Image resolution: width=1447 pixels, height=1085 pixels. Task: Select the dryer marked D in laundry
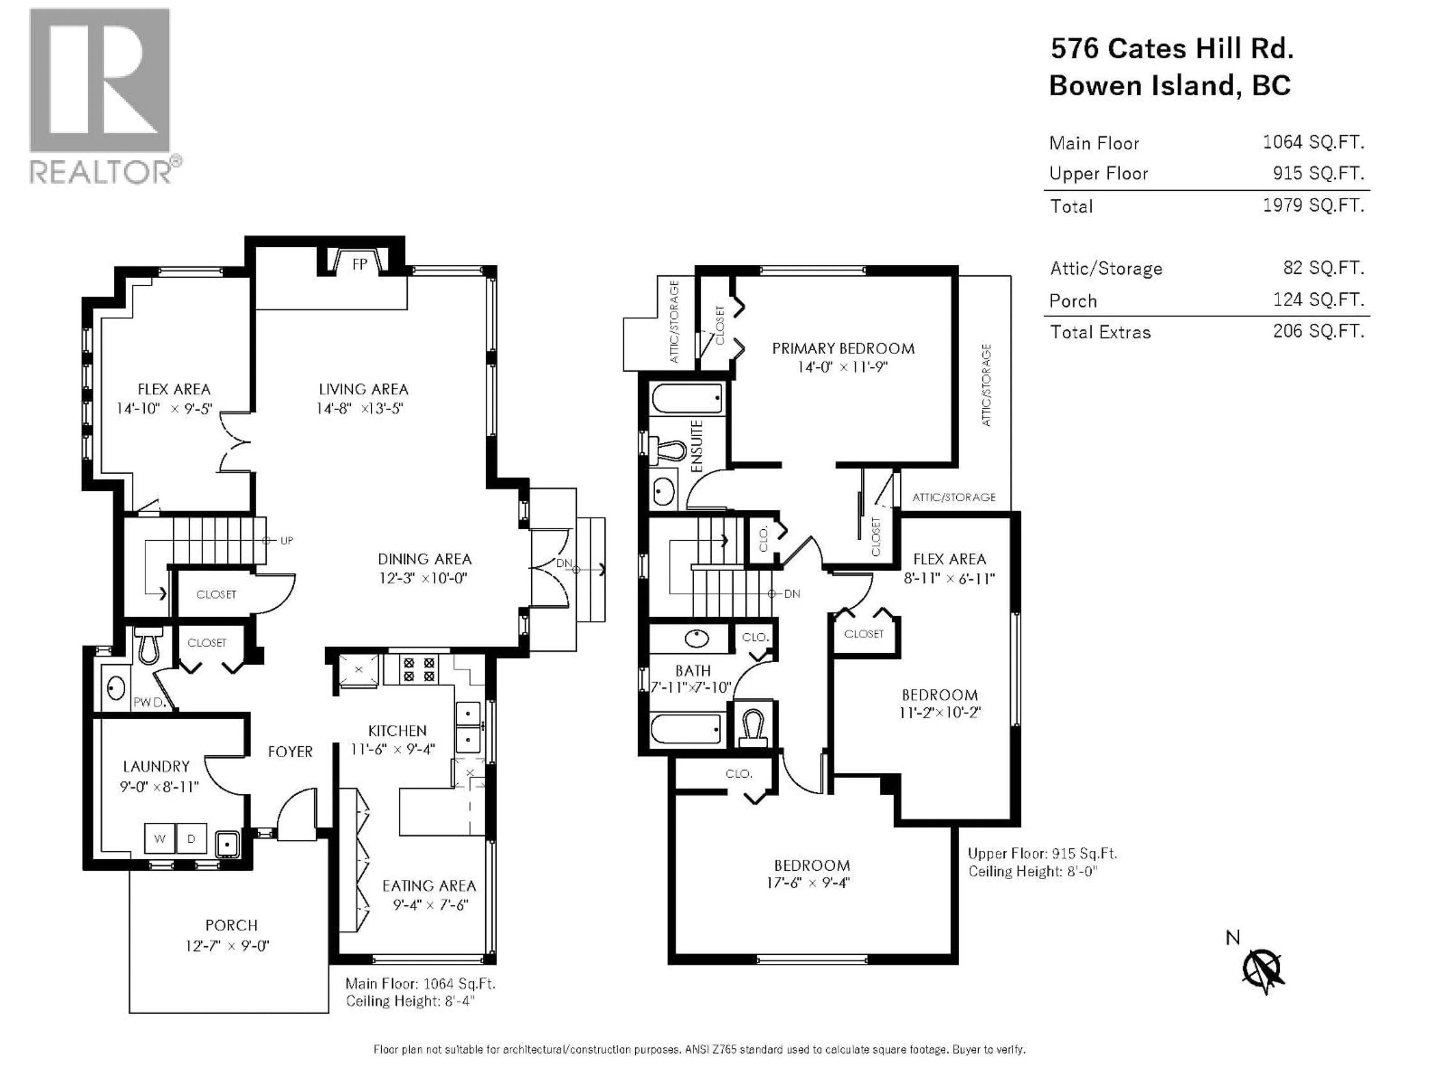[x=191, y=839]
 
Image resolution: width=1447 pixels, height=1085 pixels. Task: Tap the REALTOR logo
[x=101, y=95]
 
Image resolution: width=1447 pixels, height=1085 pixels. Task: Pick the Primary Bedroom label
[x=843, y=348]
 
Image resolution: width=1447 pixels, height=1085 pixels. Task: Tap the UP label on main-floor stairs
[x=286, y=541]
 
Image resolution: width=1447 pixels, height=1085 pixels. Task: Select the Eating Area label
[x=429, y=886]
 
